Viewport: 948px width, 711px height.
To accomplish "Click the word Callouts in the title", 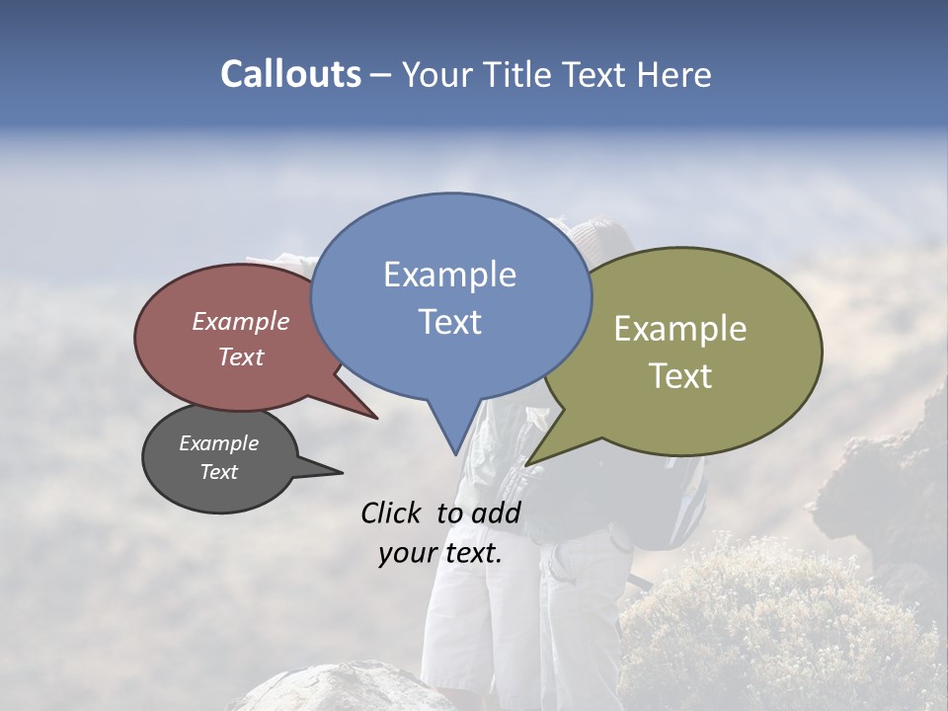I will click(x=290, y=74).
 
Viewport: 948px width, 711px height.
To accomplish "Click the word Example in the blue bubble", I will click(x=449, y=275).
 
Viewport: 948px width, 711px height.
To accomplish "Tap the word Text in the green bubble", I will click(x=680, y=376).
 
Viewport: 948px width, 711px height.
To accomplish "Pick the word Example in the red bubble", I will click(x=241, y=321).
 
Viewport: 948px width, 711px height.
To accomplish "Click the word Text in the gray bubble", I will click(x=218, y=472).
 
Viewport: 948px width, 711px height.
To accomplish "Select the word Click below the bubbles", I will click(x=392, y=513).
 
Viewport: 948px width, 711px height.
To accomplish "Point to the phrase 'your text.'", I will click(x=440, y=553).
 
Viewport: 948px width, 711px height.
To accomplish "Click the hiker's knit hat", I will click(x=602, y=237).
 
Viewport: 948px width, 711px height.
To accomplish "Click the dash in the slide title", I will click(x=382, y=75).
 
